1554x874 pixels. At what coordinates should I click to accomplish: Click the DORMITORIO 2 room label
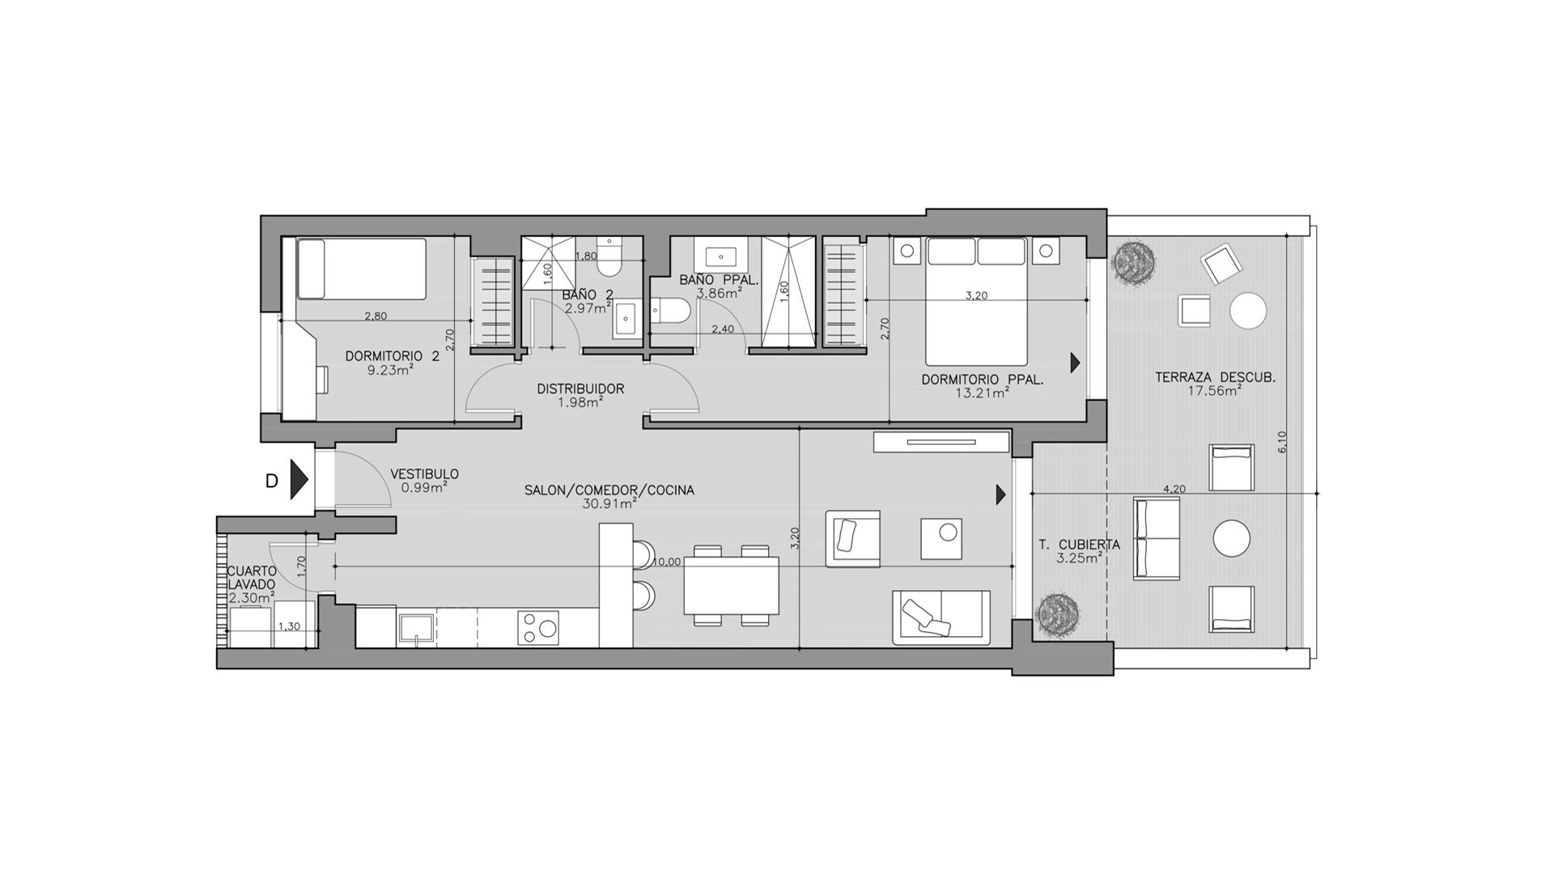pos(393,356)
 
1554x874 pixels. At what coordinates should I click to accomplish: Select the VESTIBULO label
pos(424,474)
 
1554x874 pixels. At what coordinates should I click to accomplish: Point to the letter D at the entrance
pos(272,481)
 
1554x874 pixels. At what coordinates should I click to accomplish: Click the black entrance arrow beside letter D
pos(299,480)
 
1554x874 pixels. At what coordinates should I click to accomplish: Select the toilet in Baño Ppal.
pos(671,310)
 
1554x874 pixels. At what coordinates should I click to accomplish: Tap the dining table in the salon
pos(732,585)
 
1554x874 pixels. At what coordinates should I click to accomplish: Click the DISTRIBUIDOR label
pos(580,388)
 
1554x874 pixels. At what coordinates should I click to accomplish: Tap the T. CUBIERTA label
pos(1080,545)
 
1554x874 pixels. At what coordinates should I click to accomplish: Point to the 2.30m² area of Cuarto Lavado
pos(251,598)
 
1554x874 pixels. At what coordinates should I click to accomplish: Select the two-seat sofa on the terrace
pos(1156,538)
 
